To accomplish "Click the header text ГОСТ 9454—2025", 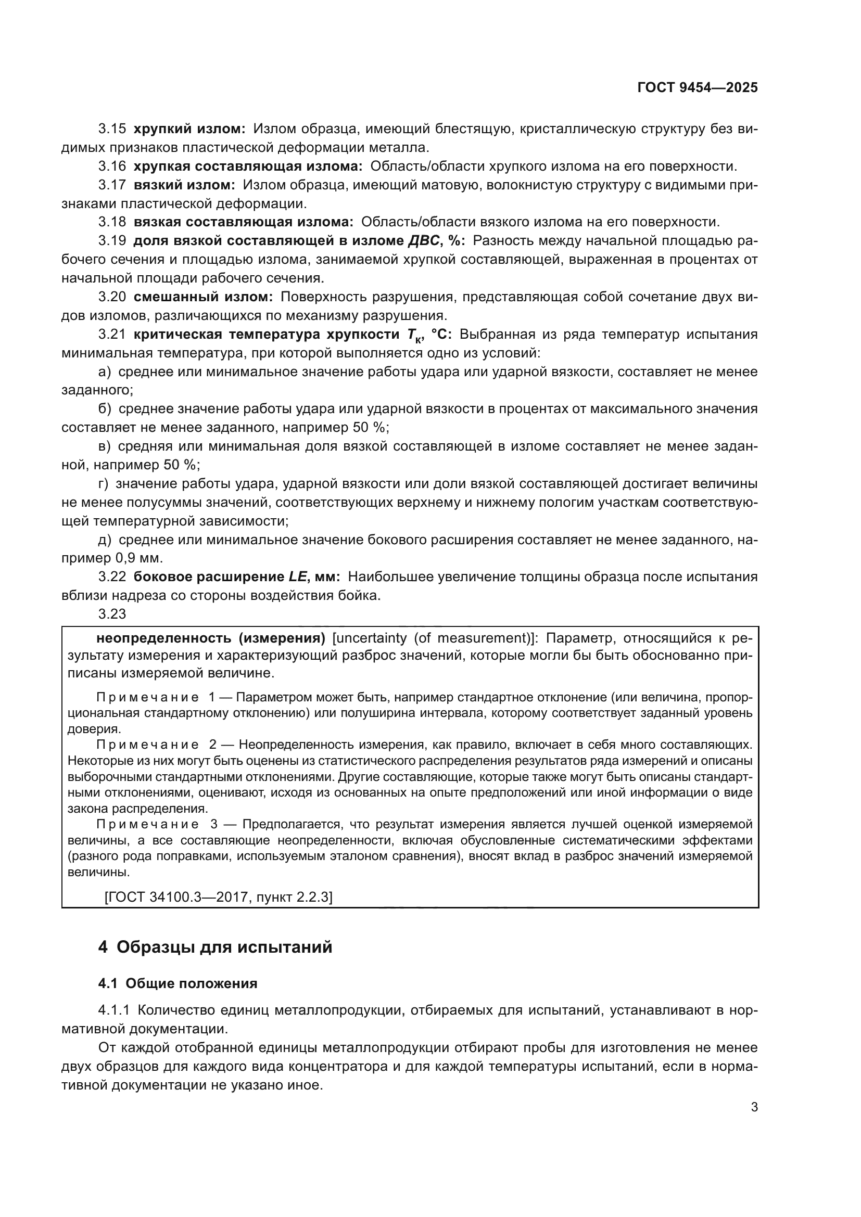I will [x=697, y=87].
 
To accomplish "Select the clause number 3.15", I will [x=112, y=129].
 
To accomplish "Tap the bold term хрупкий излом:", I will [x=189, y=129].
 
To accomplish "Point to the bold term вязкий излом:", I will [x=184, y=185].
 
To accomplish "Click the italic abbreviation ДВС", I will [x=424, y=241].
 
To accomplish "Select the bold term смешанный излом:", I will [x=203, y=297].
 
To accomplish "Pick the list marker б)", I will [x=105, y=408].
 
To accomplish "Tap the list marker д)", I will [x=105, y=540].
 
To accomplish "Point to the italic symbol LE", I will [x=297, y=577].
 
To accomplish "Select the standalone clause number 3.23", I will [x=112, y=614].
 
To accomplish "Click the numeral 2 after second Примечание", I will [x=212, y=745].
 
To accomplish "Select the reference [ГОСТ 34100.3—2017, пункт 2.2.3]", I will [x=219, y=897].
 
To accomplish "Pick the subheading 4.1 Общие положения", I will [x=178, y=984].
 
